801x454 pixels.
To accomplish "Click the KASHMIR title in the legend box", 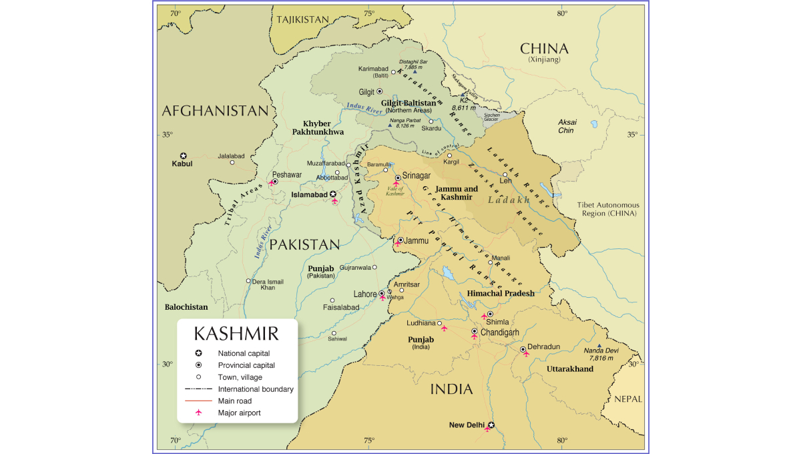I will [x=236, y=333].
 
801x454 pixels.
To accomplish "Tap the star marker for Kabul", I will [x=184, y=156].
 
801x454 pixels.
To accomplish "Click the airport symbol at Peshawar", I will [x=271, y=183].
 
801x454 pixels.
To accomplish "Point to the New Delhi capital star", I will [x=491, y=425].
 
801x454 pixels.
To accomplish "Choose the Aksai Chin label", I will [x=567, y=126].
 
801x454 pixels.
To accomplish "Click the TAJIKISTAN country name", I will [x=303, y=19].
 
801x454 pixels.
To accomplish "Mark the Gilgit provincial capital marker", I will [x=380, y=91].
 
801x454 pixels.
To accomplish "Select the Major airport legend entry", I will [x=239, y=413].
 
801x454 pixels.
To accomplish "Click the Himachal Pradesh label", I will [x=501, y=294].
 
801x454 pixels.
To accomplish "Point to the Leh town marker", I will [x=505, y=174].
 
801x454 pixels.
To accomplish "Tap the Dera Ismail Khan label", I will [x=268, y=284].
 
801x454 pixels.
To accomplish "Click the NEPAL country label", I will [x=627, y=399].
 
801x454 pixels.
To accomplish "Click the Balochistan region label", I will [x=186, y=307].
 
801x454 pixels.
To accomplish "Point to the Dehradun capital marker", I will [x=523, y=349].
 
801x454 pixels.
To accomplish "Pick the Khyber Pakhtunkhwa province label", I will [x=318, y=128].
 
